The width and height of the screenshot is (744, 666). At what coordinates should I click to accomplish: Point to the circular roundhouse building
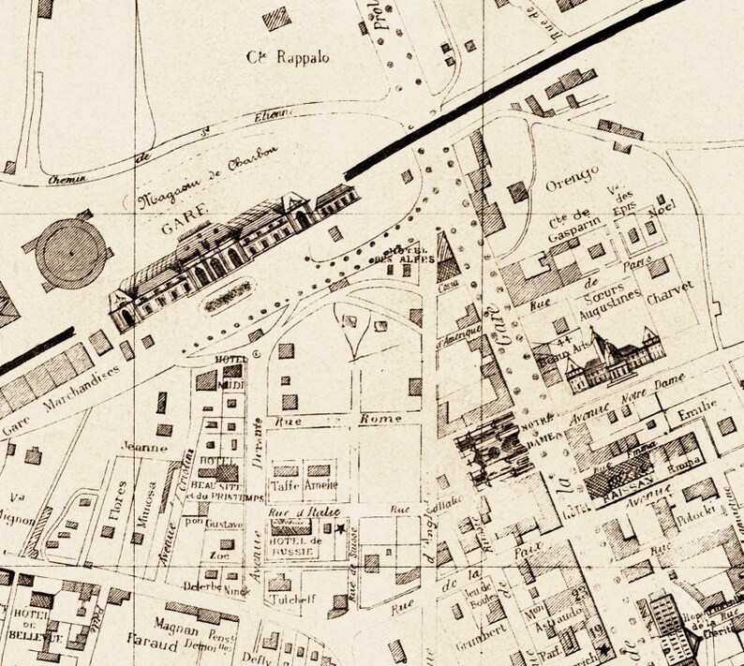click(x=72, y=252)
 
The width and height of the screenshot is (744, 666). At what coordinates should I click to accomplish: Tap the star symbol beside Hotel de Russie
click(x=340, y=529)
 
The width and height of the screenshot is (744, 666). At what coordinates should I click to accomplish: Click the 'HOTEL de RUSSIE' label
click(x=295, y=545)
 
